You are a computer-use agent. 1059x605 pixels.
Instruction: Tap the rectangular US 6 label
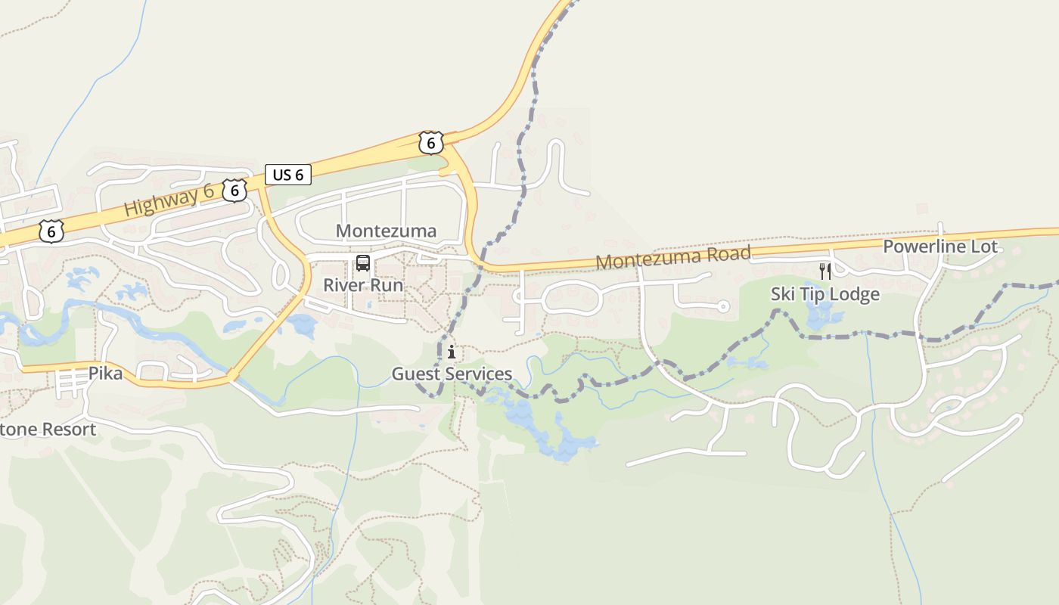287,175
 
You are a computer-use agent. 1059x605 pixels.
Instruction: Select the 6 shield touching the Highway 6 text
234,191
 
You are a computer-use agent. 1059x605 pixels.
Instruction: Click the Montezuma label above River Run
386,231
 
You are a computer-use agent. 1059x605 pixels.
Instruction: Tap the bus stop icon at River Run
363,263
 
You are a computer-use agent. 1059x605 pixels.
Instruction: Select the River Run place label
363,285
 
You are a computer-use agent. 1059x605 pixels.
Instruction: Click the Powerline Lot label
940,247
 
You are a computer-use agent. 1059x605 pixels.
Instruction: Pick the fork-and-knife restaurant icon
825,271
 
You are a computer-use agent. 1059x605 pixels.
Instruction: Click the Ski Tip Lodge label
825,294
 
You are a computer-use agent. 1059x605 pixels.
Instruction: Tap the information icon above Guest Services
452,352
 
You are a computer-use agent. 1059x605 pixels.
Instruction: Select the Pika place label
105,373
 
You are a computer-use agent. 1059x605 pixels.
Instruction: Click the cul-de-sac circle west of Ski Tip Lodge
722,306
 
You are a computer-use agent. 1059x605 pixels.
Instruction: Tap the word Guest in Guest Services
415,374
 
